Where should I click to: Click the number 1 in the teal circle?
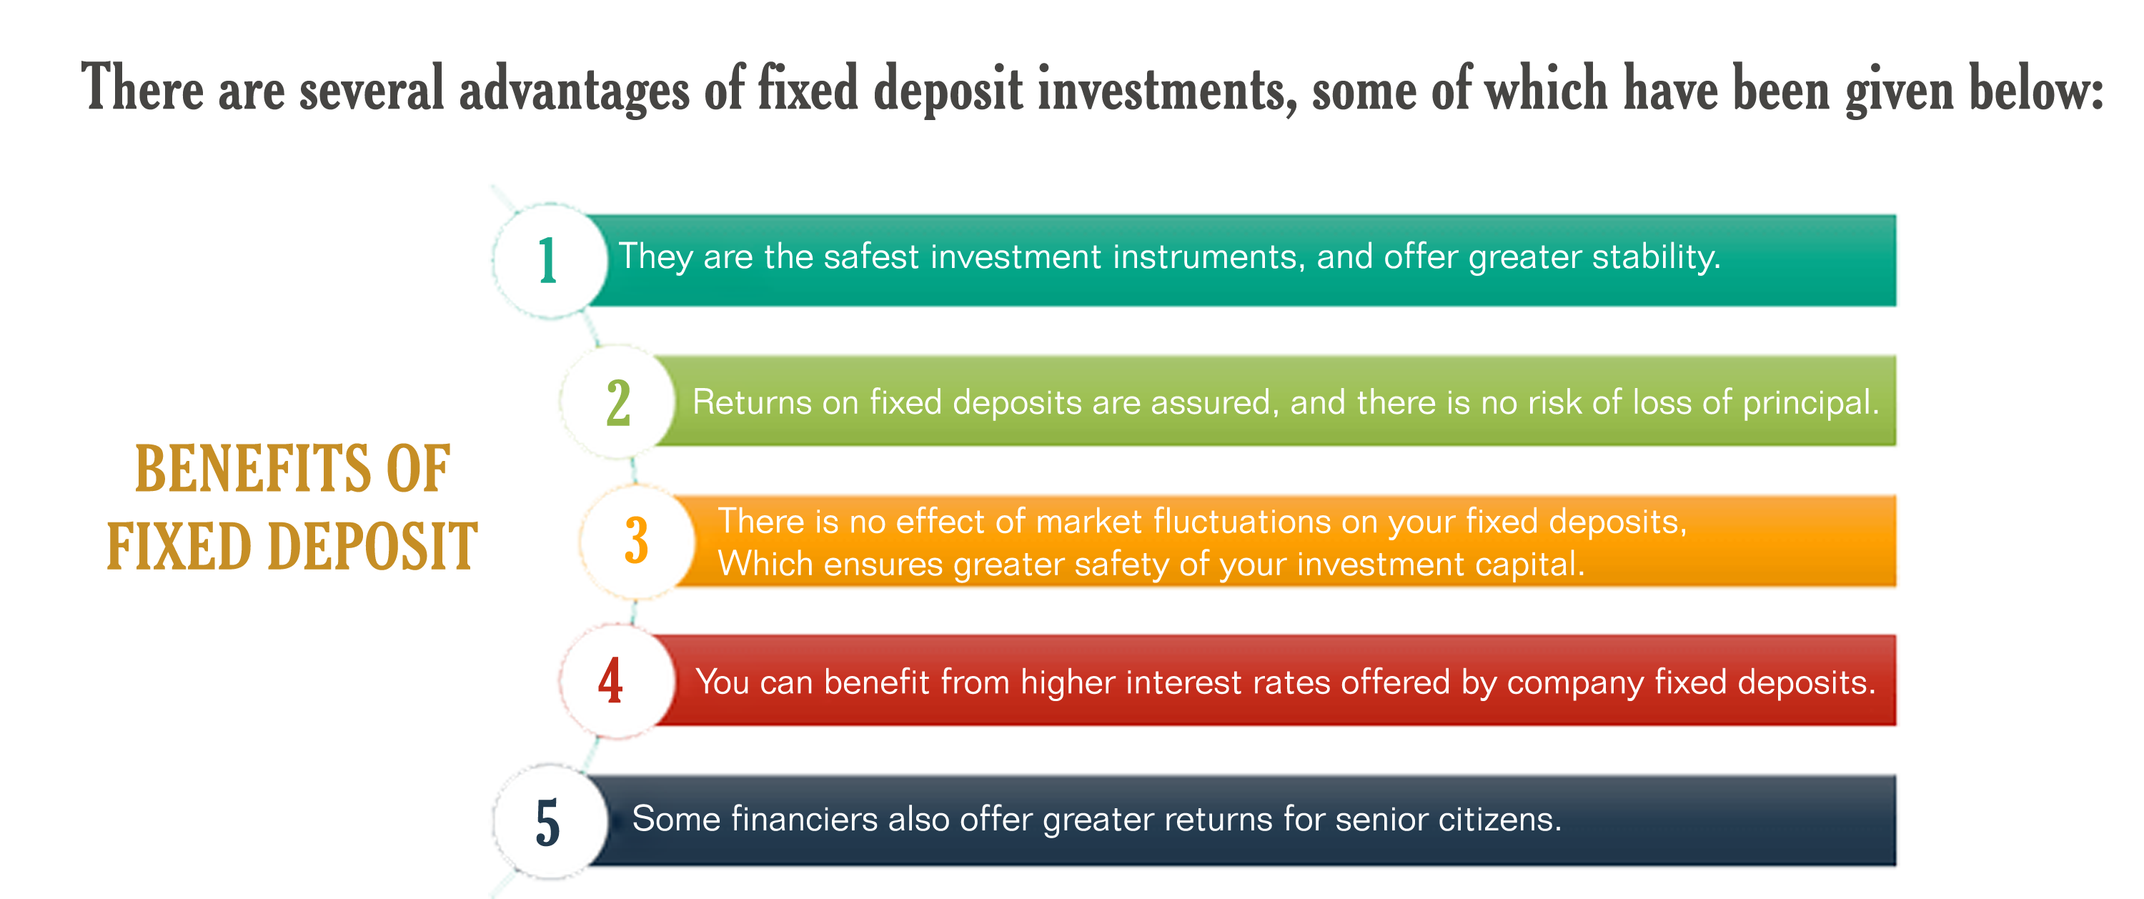pos(547,261)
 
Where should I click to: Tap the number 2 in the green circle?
pos(618,403)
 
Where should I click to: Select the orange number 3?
pos(637,541)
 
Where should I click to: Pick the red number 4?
pos(610,681)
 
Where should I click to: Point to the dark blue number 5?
pos(547,823)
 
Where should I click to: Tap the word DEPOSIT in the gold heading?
pos(373,547)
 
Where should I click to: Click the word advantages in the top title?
pos(575,89)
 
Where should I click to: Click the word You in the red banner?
pos(723,682)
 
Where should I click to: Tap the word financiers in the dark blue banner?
pos(805,819)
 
